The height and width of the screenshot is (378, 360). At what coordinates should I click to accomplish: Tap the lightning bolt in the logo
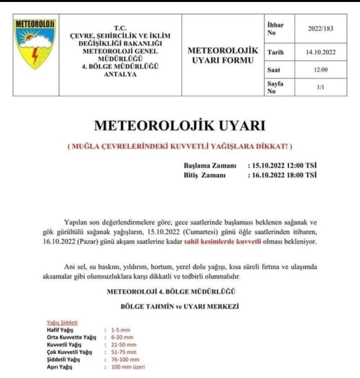point(35,56)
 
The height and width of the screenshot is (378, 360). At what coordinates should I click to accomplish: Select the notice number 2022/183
point(320,29)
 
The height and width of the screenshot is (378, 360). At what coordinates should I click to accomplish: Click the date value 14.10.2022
point(320,52)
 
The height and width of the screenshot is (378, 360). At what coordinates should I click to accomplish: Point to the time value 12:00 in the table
point(320,70)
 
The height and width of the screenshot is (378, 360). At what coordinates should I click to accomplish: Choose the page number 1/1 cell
point(320,87)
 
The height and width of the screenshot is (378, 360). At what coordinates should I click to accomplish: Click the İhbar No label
point(275,29)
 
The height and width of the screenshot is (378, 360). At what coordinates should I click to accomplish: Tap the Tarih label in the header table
point(275,52)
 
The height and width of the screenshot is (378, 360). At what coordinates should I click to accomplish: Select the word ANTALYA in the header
point(120,74)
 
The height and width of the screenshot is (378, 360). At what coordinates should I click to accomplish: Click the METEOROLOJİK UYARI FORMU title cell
point(223,55)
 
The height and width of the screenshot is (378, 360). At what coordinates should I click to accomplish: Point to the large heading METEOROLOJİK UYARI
point(180,126)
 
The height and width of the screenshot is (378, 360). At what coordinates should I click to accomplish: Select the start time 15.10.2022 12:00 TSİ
point(282,165)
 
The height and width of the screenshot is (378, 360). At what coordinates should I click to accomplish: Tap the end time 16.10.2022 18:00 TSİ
point(282,175)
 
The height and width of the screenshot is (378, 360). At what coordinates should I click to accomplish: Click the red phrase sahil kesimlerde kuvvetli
point(222,242)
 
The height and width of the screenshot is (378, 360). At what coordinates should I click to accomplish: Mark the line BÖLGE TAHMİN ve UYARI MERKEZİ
point(180,307)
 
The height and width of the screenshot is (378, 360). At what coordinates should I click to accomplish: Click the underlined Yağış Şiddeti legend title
point(62,323)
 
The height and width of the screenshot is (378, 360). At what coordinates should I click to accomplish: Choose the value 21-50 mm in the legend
point(124,345)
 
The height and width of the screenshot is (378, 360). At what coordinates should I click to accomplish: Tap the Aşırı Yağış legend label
point(59,367)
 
